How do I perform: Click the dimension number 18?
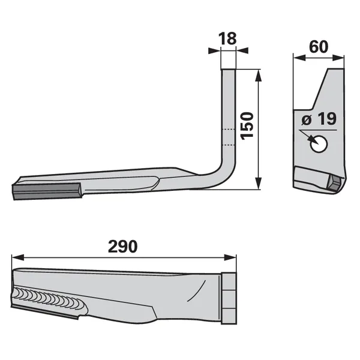point(227,38)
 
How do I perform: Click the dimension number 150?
point(247,126)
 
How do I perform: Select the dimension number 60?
point(319,47)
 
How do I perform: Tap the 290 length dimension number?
point(123,247)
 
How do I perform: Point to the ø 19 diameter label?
point(319,119)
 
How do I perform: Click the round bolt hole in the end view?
point(319,144)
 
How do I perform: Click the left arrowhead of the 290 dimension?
point(17,257)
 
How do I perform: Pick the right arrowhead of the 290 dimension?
point(230,257)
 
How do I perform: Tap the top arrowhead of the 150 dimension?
point(258,76)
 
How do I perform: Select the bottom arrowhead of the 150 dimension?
point(258,183)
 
